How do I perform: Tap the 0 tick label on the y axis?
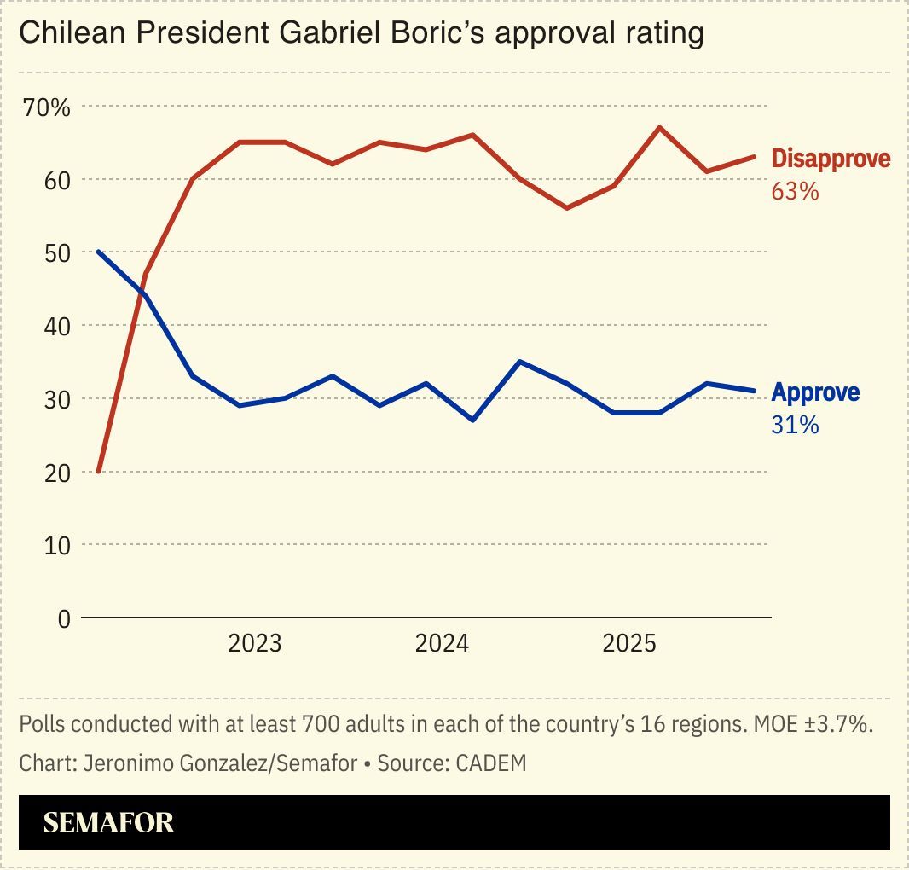tap(64, 618)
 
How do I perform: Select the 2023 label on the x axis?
tap(254, 643)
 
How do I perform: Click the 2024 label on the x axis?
tap(442, 643)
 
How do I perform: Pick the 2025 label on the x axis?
tap(629, 643)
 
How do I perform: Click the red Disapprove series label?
tap(831, 159)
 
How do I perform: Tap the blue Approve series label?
tap(815, 392)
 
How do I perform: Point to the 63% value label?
tap(795, 191)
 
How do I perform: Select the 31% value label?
tap(795, 424)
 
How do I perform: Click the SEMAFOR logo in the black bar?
tap(108, 822)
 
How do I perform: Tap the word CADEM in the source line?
tap(491, 763)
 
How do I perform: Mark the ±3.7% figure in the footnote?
tap(846, 725)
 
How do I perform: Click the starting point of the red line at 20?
tap(99, 471)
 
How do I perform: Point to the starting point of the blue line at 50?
tap(99, 252)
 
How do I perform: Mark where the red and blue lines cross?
tap(142, 287)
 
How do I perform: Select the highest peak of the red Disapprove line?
tap(659, 128)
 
